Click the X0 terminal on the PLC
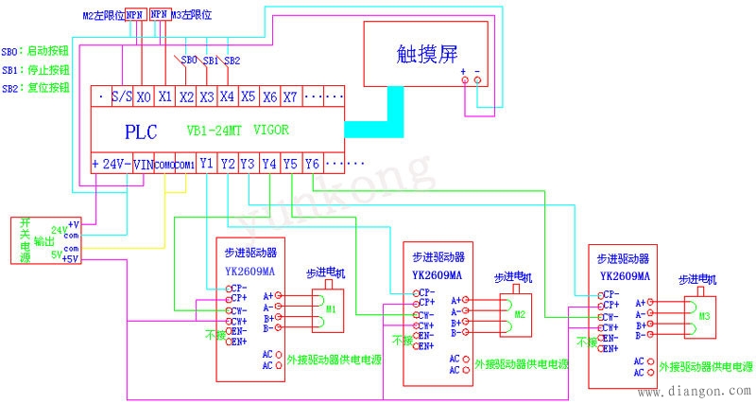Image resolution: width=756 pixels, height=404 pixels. (x=144, y=97)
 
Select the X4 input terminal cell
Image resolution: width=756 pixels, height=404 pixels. (x=227, y=97)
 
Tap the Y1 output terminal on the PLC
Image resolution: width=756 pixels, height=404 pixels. (x=207, y=164)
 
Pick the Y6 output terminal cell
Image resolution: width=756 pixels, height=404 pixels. (x=313, y=164)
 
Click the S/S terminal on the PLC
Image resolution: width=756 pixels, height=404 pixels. (x=121, y=97)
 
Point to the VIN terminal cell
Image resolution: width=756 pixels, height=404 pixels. (x=142, y=164)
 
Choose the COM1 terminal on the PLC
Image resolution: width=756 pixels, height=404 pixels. (x=185, y=164)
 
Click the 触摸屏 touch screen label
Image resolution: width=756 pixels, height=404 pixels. (x=427, y=53)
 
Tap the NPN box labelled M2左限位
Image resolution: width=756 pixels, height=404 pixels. (x=135, y=16)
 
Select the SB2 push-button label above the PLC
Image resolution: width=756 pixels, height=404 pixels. (x=232, y=60)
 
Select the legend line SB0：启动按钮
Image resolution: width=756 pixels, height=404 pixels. (x=36, y=50)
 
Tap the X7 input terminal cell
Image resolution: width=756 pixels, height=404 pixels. (x=291, y=97)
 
